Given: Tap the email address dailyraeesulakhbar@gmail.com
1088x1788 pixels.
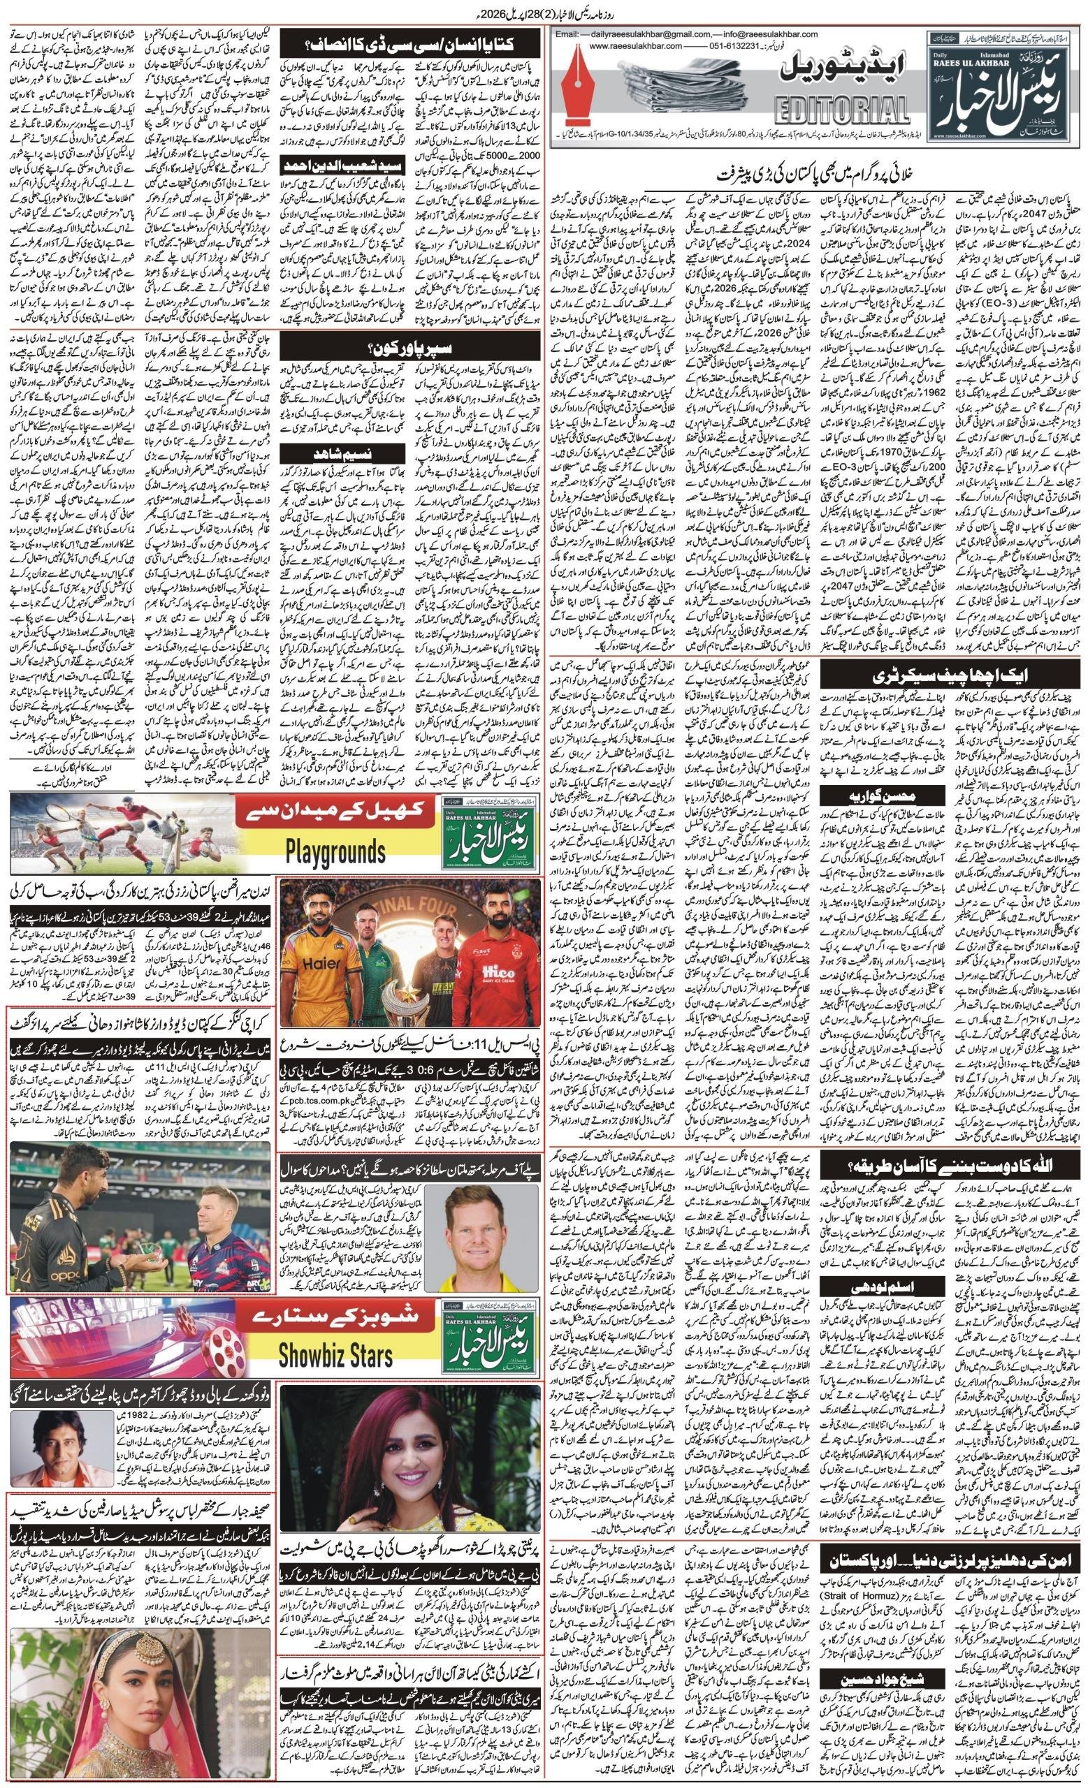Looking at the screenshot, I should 657,34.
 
